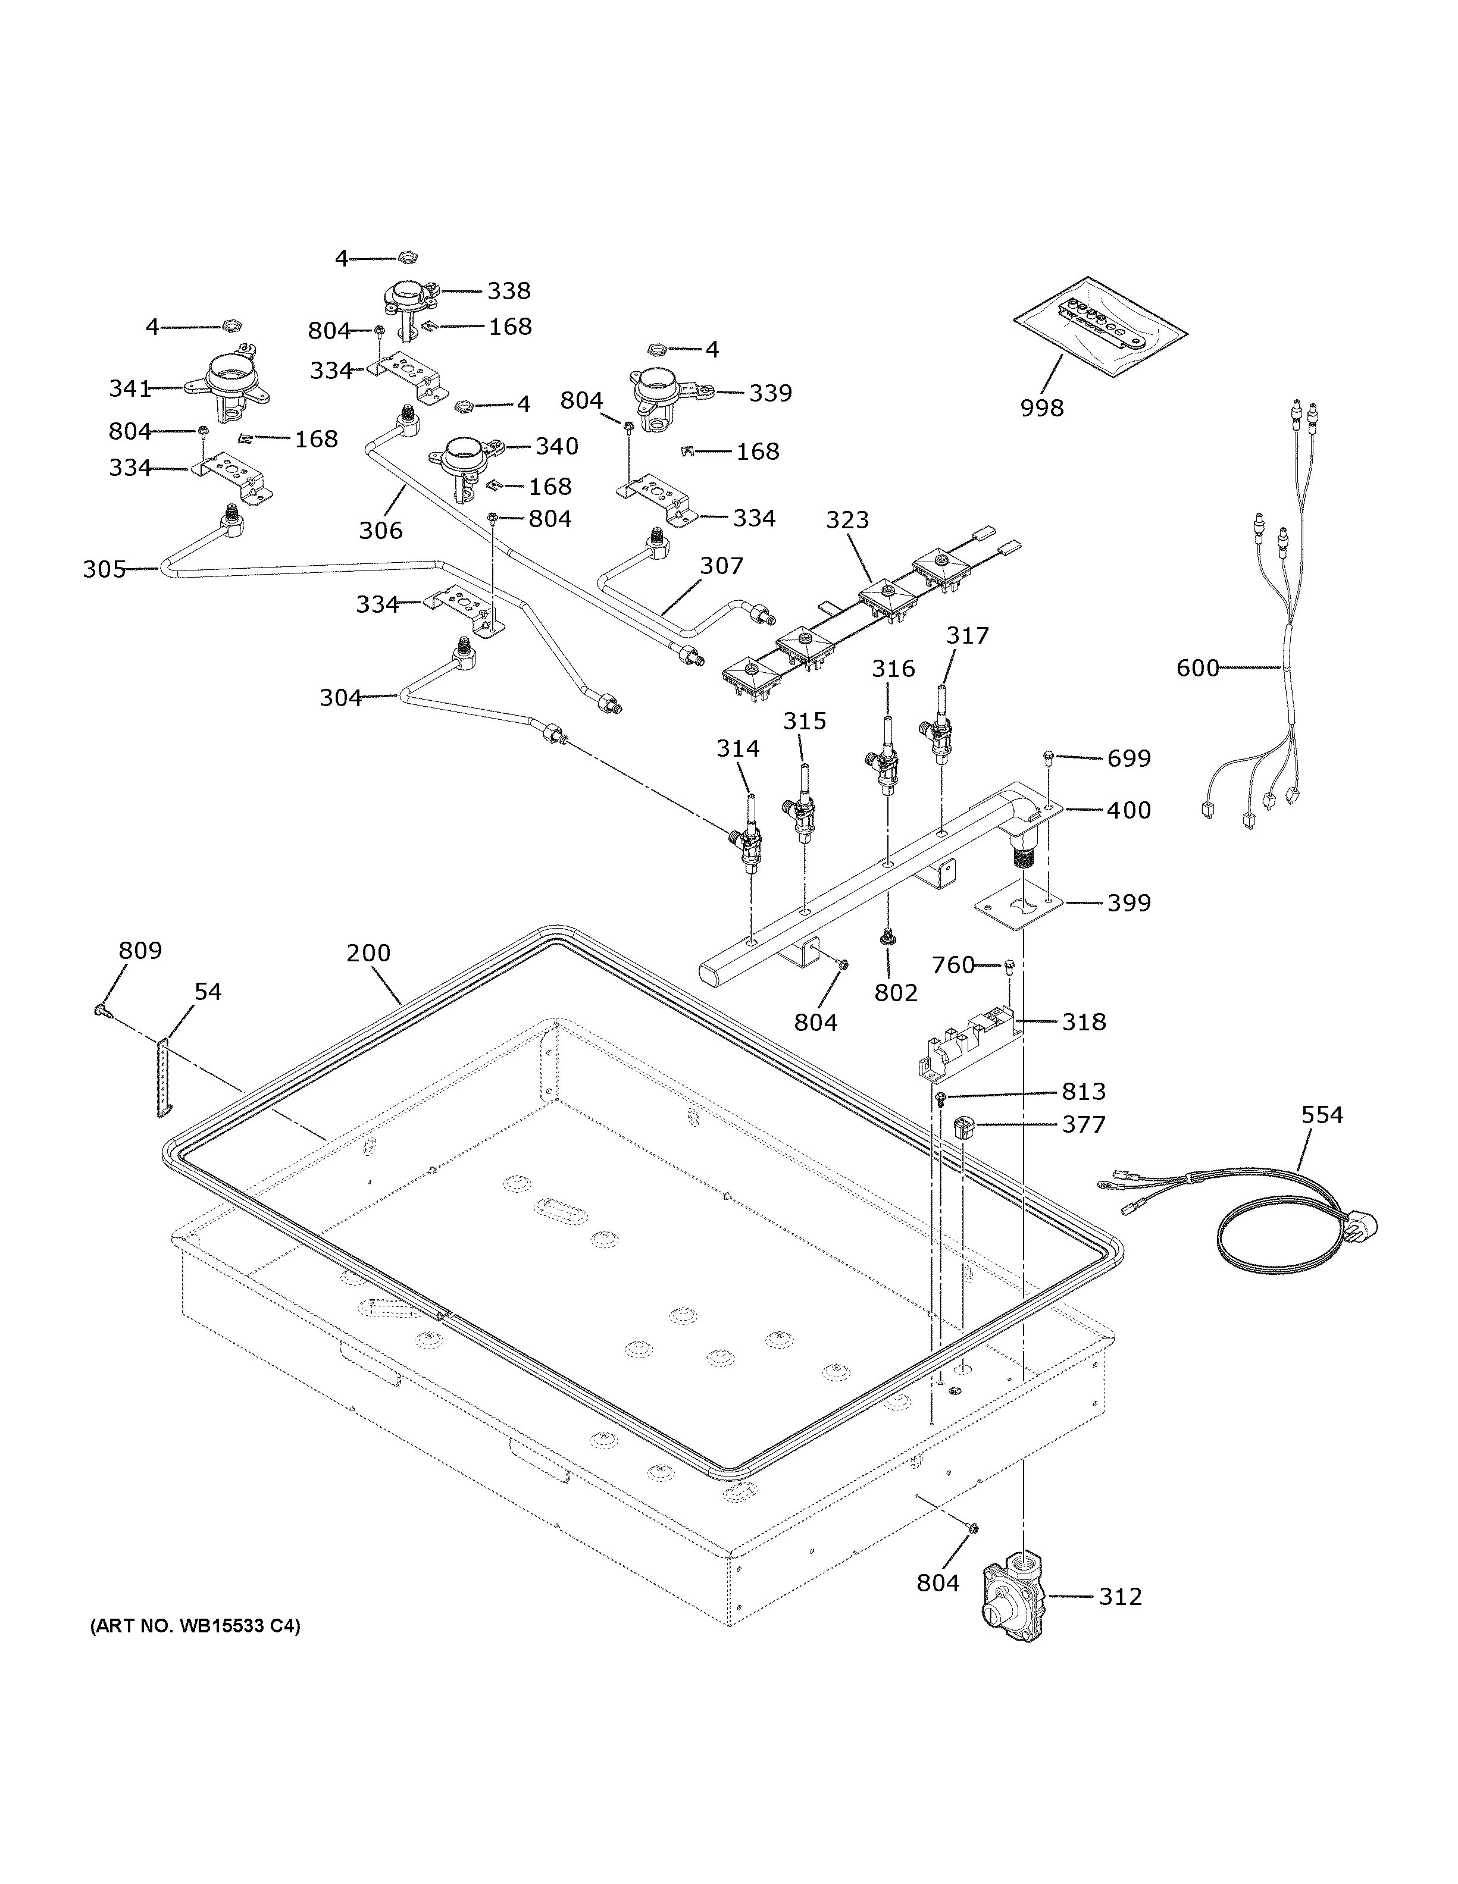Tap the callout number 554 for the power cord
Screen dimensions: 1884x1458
tap(1322, 1115)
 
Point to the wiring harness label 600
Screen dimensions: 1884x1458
tap(1197, 667)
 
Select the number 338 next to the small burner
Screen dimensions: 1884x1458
tap(508, 291)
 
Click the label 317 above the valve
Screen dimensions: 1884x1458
tap(967, 636)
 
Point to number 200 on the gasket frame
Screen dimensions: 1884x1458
tap(368, 952)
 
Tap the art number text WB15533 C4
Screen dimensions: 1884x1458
tap(195, 1627)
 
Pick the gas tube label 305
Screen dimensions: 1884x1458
tap(104, 569)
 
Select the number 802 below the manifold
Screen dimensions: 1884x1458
tap(896, 993)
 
